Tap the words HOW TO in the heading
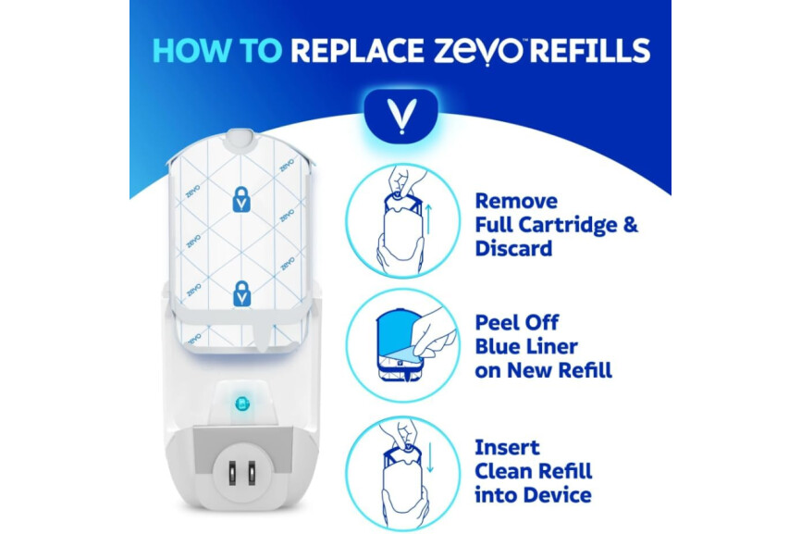pos(217,51)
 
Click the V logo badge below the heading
pos(401,116)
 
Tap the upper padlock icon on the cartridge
pos(241,199)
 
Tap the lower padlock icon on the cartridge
pos(241,293)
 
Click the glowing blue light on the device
pos(242,404)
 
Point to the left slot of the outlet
pos(232,473)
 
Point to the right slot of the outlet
pos(252,473)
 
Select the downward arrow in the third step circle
pos(429,457)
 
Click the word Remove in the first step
pos(516,201)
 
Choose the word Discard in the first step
pos(514,248)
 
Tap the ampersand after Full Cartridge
pos(631,224)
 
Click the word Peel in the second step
pos(497,322)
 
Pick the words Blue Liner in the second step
pos(526,346)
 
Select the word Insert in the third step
pos(507,448)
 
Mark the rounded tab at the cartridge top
pos(240,140)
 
